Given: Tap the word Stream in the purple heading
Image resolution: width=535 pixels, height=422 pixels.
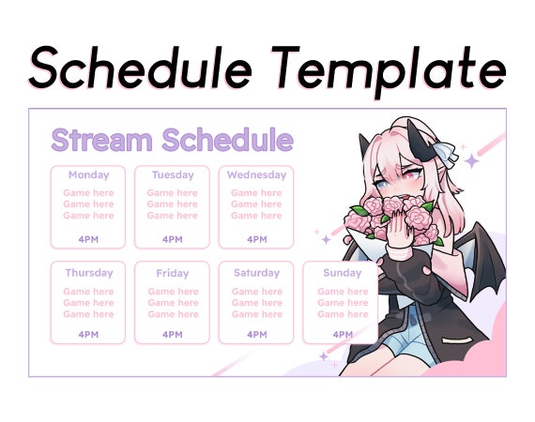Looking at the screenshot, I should coord(102,141).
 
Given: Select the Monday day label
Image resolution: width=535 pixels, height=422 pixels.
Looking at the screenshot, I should coord(88,175).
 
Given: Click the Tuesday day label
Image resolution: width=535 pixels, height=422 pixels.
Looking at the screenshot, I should coord(173,175).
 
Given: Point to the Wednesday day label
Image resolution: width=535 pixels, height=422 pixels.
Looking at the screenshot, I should coord(256,175).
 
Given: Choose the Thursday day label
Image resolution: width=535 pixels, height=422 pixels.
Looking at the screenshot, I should coord(88,274).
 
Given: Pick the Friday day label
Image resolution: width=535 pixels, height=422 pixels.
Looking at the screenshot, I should coord(173,274).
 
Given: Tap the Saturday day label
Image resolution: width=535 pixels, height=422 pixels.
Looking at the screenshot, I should coord(256,274).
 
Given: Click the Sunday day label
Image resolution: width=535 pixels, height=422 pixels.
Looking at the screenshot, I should coord(342,274).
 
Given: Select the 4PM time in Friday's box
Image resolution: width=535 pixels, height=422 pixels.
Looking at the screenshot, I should coord(173,335).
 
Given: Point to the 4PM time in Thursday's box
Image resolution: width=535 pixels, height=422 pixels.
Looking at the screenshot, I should coord(88,335).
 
